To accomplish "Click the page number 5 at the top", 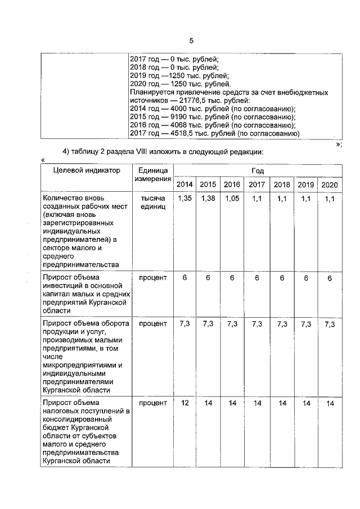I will [x=191, y=40].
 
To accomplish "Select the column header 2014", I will [x=184, y=184].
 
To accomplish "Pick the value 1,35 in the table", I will [x=184, y=199].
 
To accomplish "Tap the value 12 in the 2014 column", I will [x=184, y=403].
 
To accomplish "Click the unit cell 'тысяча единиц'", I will [x=153, y=203].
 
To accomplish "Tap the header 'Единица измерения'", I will [x=153, y=175].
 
